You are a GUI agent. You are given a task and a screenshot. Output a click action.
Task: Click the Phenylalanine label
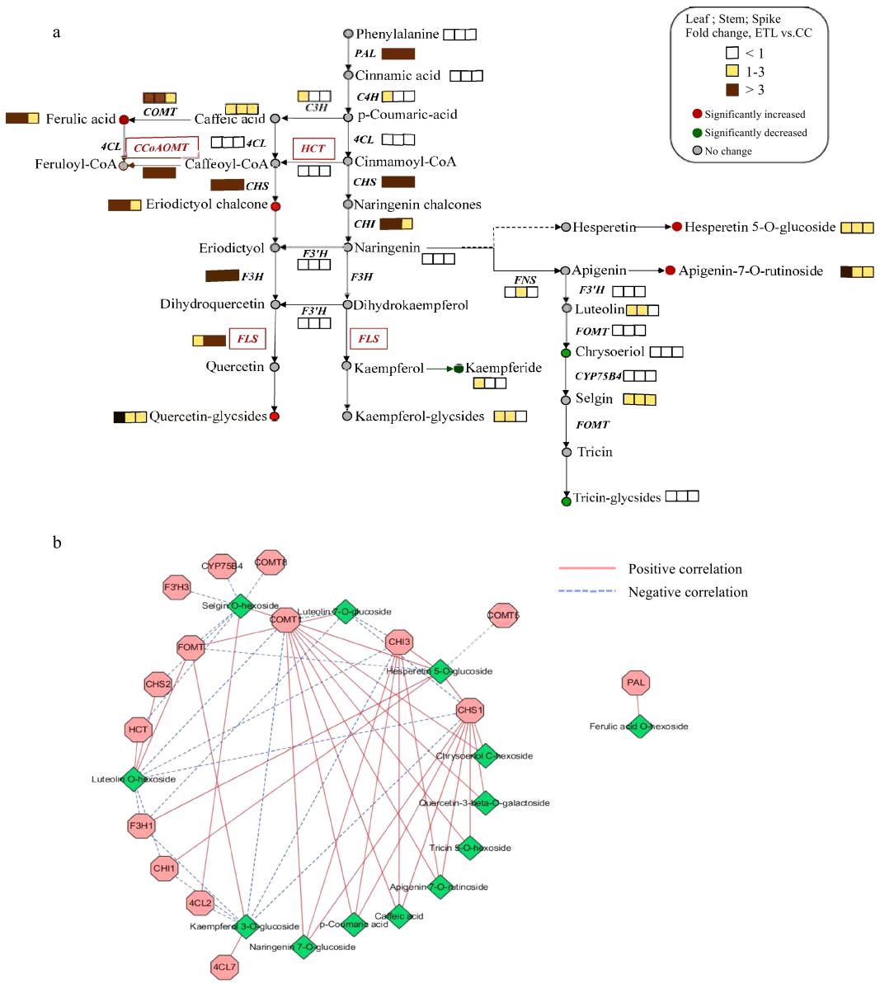pyautogui.click(x=398, y=34)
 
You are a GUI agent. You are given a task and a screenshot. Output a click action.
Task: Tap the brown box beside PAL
pyautogui.click(x=398, y=54)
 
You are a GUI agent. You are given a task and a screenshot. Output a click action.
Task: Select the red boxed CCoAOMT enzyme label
pyautogui.click(x=162, y=148)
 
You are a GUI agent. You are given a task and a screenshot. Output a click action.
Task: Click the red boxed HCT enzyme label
pyautogui.click(x=313, y=148)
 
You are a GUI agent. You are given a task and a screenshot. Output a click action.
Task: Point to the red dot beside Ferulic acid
pyautogui.click(x=124, y=120)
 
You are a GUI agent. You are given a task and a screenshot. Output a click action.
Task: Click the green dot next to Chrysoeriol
pyautogui.click(x=566, y=352)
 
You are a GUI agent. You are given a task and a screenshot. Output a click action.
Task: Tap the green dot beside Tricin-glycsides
pyautogui.click(x=566, y=501)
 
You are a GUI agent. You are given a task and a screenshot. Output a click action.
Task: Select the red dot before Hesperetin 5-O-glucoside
pyautogui.click(x=676, y=227)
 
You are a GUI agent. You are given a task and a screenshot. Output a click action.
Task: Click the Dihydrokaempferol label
pyautogui.click(x=411, y=305)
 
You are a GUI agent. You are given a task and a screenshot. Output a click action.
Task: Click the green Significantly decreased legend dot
pyautogui.click(x=697, y=133)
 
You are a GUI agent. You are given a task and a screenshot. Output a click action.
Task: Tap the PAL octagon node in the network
pyautogui.click(x=636, y=683)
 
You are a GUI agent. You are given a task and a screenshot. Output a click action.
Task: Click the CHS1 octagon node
pyautogui.click(x=469, y=710)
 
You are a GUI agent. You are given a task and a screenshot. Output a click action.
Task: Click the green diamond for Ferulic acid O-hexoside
pyautogui.click(x=639, y=726)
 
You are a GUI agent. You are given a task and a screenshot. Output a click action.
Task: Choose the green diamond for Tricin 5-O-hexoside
pyautogui.click(x=469, y=847)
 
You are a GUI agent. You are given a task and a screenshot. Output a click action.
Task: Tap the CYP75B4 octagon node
pyautogui.click(x=223, y=567)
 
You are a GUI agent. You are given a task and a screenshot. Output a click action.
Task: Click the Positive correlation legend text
pyautogui.click(x=685, y=569)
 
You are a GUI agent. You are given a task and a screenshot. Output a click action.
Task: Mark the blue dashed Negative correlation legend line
pyautogui.click(x=586, y=592)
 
